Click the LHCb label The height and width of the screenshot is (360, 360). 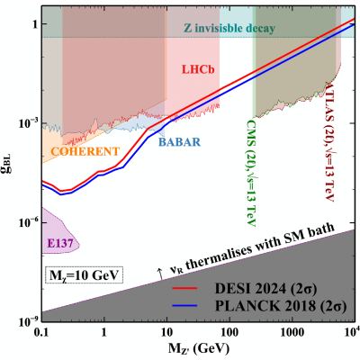(198, 69)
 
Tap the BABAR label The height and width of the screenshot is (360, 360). (179, 141)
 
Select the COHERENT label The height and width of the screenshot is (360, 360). (85, 151)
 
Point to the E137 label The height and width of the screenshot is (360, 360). (60, 243)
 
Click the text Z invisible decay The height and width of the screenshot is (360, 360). (229, 28)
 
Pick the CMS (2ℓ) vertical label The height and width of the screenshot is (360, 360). (251, 173)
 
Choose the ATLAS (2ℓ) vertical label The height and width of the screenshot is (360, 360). (330, 141)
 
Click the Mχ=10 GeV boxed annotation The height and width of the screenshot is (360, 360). (84, 275)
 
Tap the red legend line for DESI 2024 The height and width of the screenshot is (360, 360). (184, 288)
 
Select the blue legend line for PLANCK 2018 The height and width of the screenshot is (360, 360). (184, 306)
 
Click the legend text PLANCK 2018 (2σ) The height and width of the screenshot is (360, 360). (281, 306)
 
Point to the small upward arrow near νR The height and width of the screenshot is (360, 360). (160, 274)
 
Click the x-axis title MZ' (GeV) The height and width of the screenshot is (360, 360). (199, 348)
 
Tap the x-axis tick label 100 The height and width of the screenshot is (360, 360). (229, 333)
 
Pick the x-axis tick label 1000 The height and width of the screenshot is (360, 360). (292, 333)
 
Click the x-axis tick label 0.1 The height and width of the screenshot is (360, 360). (42, 333)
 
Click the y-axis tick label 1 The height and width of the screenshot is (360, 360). (33, 23)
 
